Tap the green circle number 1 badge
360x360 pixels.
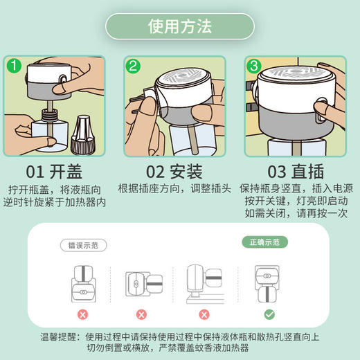click(14, 66)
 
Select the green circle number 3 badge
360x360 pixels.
click(254, 66)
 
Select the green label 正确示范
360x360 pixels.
click(264, 242)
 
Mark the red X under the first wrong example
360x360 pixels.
click(82, 314)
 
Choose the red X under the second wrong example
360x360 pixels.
click(143, 314)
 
